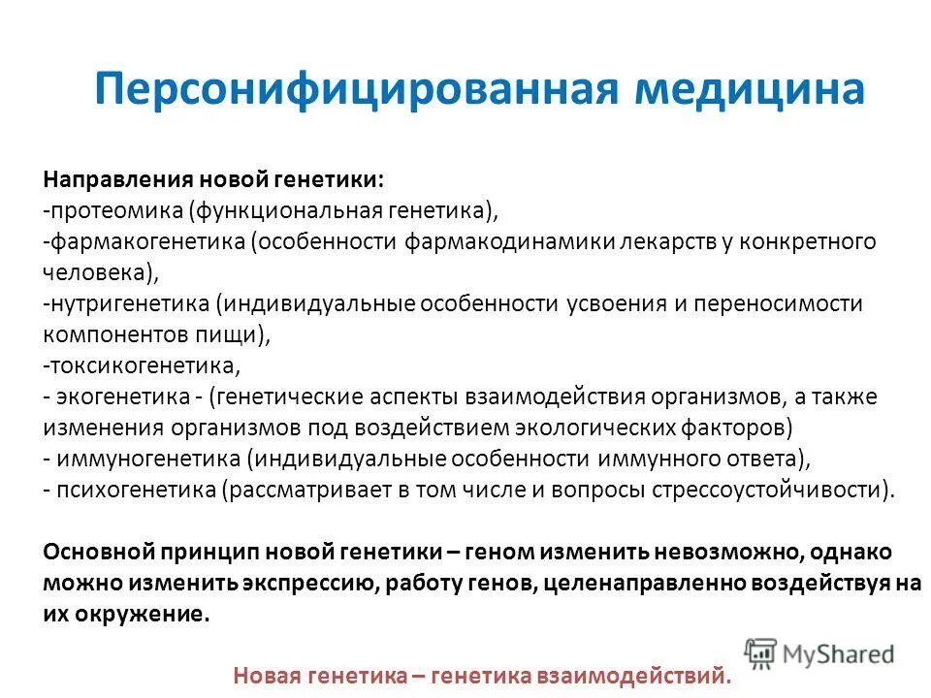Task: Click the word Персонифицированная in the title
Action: pos(355,89)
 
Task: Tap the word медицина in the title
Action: pos(748,89)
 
